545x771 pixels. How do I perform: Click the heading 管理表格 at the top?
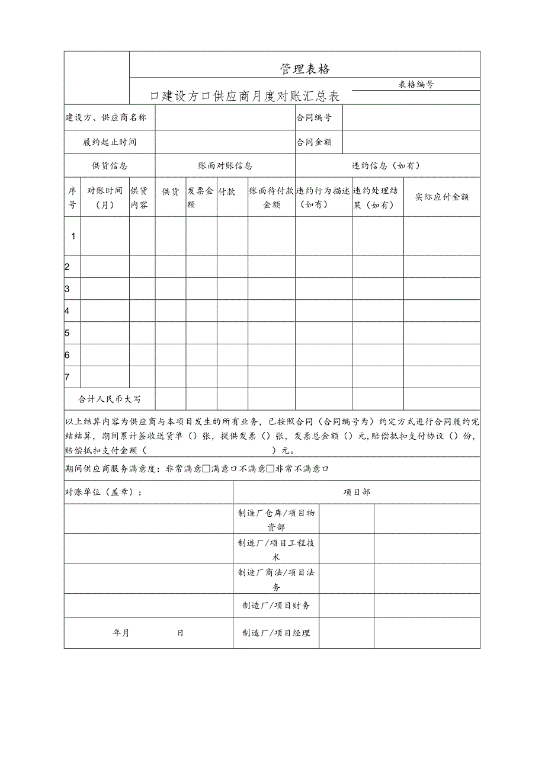(x=304, y=69)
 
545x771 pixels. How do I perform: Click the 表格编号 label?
(x=416, y=84)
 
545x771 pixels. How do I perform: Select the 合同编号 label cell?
(x=314, y=117)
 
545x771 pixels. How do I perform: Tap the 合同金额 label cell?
(x=314, y=142)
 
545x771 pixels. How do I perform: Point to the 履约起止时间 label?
(x=110, y=142)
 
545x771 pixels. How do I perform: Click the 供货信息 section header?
(x=109, y=166)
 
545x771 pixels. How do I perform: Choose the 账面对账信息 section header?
(x=225, y=166)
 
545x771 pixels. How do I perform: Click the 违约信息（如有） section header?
(x=387, y=166)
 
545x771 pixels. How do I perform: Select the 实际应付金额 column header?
(x=441, y=197)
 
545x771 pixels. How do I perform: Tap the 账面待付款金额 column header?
(x=271, y=197)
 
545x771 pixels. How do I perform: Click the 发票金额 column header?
(x=200, y=197)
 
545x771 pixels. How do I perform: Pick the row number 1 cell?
(x=73, y=236)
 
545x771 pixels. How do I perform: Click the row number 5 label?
(x=68, y=333)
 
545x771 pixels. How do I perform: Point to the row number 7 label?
(x=68, y=377)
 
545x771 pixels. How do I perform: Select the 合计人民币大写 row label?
(x=110, y=399)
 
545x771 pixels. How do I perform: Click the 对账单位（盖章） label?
(x=104, y=492)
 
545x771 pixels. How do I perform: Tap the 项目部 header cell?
(x=357, y=492)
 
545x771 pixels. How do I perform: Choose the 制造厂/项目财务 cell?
(x=276, y=605)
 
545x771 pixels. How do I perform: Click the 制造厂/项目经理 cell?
(x=276, y=633)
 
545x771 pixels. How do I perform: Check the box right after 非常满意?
(x=206, y=469)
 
